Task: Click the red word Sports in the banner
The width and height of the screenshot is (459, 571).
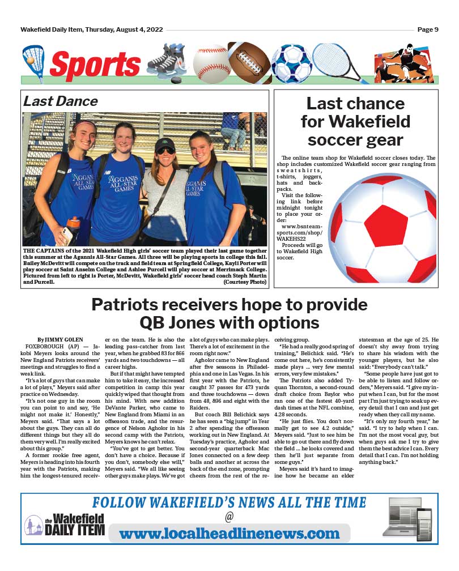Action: click(x=95, y=64)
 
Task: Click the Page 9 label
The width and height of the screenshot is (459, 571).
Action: click(x=428, y=29)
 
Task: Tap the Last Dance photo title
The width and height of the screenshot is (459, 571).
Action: click(x=60, y=101)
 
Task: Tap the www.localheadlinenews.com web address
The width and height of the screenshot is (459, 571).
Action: click(x=229, y=534)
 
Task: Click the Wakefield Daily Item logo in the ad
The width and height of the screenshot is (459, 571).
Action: click(x=65, y=525)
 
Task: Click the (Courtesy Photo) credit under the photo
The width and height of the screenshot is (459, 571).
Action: click(x=245, y=282)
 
